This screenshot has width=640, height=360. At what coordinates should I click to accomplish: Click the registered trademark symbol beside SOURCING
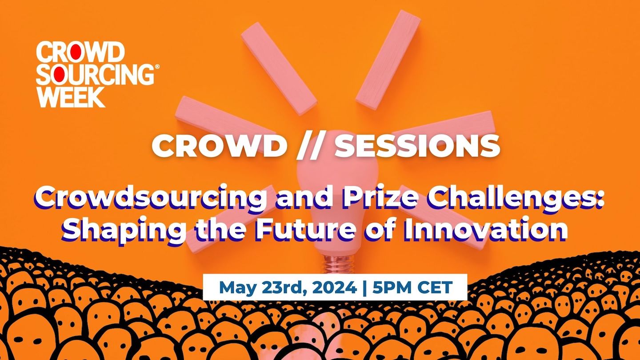point(156,67)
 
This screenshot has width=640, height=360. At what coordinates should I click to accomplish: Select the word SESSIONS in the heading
point(417,145)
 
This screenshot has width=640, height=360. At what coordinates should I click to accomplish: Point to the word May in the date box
point(236,288)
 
